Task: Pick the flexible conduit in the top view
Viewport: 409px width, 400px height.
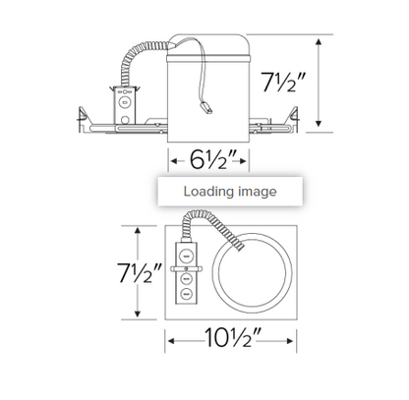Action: coord(218,232)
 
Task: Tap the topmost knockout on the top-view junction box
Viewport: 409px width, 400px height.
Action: coord(185,250)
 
